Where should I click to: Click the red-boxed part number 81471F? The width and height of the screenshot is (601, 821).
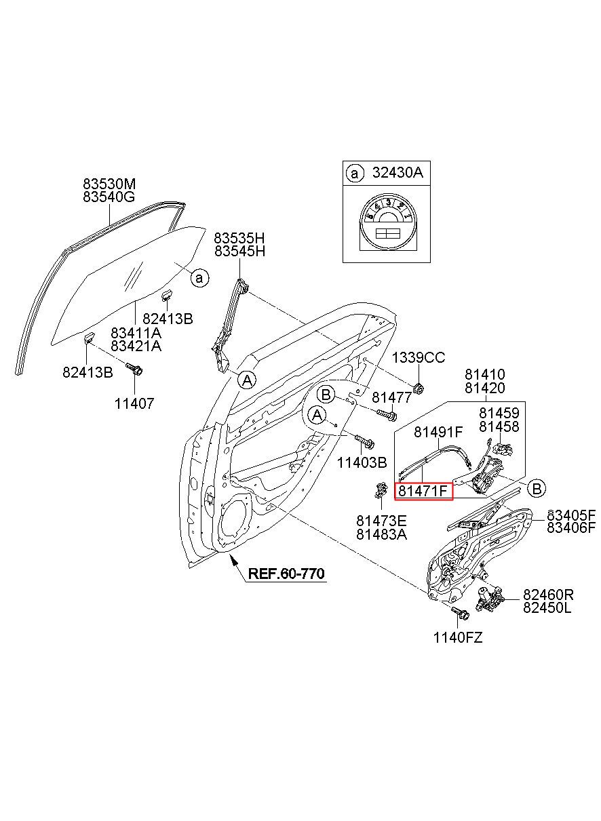point(423,490)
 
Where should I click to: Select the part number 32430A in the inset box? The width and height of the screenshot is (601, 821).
point(397,172)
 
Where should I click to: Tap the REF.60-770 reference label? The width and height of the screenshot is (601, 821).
point(286,574)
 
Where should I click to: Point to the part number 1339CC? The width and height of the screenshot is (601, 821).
point(419,357)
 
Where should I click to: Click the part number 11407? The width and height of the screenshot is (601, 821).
point(134,403)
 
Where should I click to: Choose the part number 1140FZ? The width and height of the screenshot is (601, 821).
point(458,638)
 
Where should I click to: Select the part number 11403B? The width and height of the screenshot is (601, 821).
point(362,463)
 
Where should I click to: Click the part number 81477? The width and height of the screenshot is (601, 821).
point(391,397)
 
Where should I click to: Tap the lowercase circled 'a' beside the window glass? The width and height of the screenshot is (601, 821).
point(199,278)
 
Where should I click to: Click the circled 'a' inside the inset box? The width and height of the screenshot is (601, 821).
point(355,173)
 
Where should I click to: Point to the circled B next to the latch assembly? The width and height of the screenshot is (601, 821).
point(537,489)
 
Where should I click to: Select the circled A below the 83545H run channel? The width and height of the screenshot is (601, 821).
point(247,380)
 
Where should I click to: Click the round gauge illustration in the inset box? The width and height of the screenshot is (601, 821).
point(386,224)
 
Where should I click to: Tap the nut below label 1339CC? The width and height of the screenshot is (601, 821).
point(418,388)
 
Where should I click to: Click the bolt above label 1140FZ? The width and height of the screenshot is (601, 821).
point(459,612)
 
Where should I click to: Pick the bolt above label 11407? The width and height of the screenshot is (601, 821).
point(134,369)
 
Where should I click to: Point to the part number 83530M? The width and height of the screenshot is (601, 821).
point(109,183)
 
